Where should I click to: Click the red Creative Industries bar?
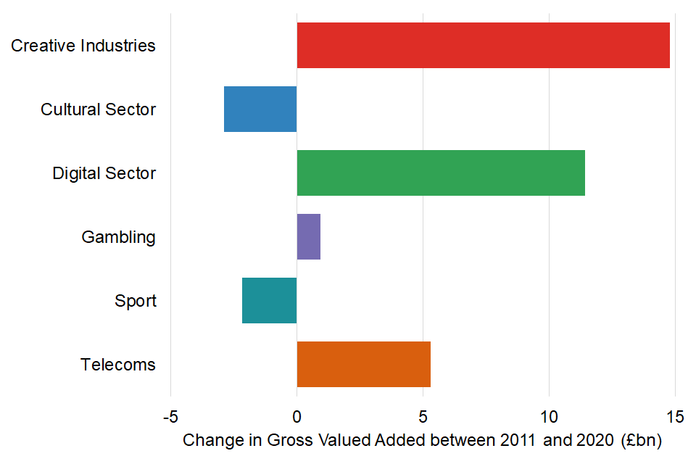click(483, 46)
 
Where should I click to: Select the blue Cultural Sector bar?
click(260, 109)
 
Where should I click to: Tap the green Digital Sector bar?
click(441, 173)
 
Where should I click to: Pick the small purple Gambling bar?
click(309, 236)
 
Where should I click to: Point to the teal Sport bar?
click(270, 300)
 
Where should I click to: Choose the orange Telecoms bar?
click(364, 364)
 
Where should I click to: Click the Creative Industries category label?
click(83, 46)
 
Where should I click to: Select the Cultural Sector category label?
click(98, 109)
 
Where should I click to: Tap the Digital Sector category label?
click(104, 173)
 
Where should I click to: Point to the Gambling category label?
click(118, 237)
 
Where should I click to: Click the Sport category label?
click(135, 301)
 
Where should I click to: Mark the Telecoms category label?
click(117, 365)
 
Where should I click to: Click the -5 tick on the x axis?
click(170, 418)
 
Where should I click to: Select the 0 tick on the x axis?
click(297, 418)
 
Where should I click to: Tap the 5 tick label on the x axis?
click(423, 418)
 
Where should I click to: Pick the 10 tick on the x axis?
click(549, 418)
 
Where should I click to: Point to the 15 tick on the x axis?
click(675, 418)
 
